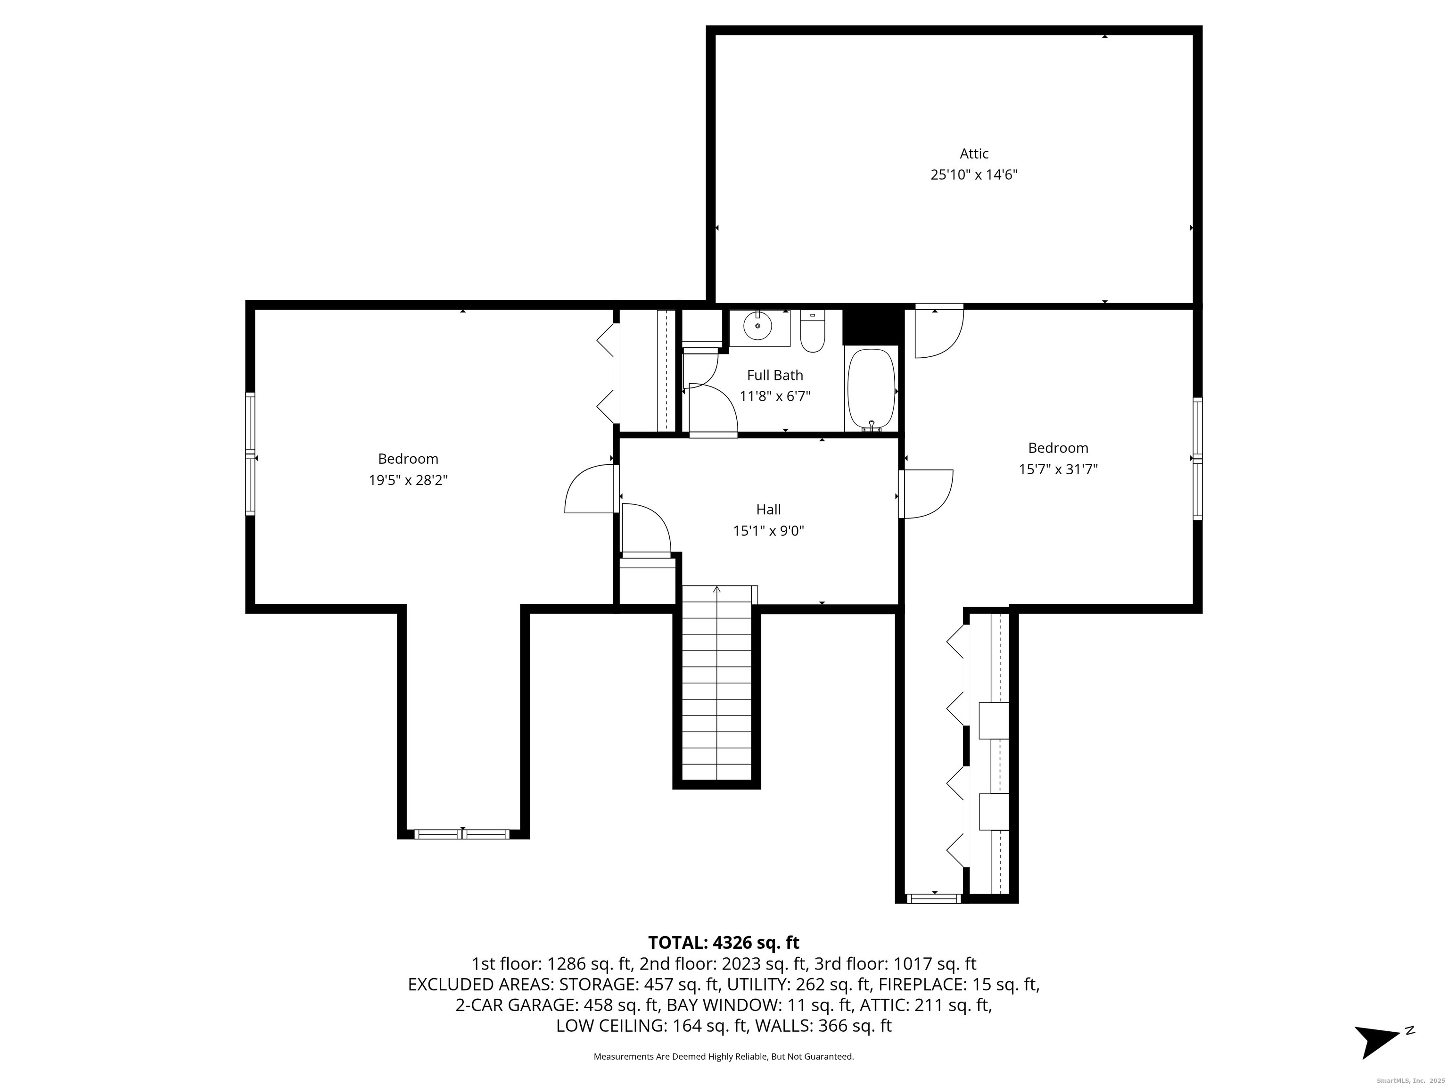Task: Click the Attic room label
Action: click(x=974, y=154)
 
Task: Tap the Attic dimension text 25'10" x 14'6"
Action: click(x=974, y=175)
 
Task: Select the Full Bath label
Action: click(x=775, y=375)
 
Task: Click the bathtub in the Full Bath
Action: click(x=871, y=389)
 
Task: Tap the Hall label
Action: click(x=768, y=509)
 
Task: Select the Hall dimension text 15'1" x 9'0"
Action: click(x=768, y=531)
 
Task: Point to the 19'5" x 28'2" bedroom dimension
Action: click(x=408, y=480)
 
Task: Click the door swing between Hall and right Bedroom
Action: click(x=926, y=494)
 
